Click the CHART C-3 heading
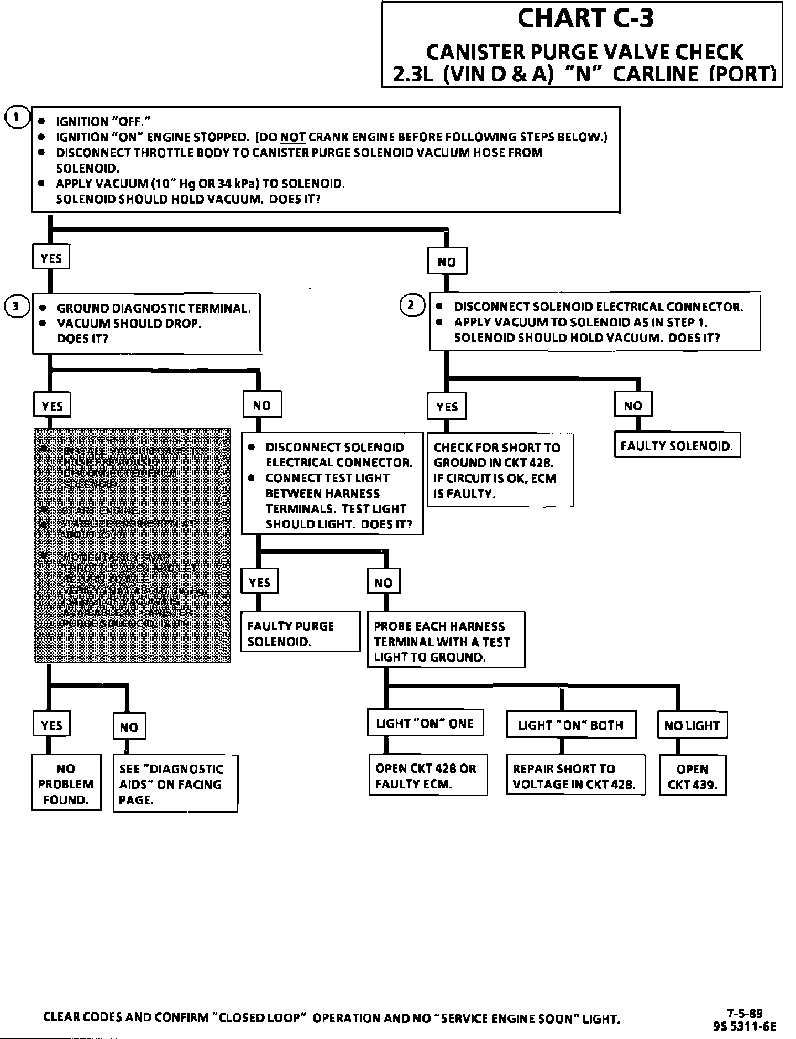pos(585,18)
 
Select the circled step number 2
pos(412,305)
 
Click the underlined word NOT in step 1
pos(293,137)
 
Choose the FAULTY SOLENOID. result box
pos(677,446)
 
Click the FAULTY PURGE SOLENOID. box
pos(300,633)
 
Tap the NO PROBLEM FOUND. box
pos(66,784)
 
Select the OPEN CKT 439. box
pos(692,777)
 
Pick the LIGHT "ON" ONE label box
pos(425,724)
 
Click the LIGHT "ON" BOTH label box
pos(570,725)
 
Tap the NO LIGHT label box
pos(692,725)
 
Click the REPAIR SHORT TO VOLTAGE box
pos(575,776)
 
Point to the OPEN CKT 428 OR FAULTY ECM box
pos(427,776)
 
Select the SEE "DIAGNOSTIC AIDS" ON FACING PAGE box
pos(175,784)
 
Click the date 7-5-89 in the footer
pos(745,1014)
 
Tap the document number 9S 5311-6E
pos(745,1026)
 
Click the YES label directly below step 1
pos(51,258)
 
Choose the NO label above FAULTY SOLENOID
pos(633,406)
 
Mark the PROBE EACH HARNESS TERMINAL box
pos(446,641)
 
